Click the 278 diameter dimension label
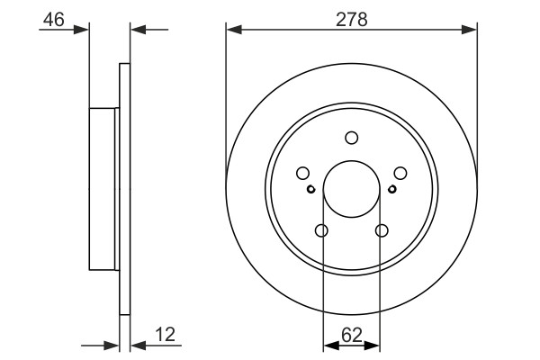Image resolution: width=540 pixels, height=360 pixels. tap(352, 18)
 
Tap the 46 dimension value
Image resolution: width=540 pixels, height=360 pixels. tap(53, 18)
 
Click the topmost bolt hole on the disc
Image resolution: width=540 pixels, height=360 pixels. tap(352, 138)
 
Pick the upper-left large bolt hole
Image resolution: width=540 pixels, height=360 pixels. tap(303, 174)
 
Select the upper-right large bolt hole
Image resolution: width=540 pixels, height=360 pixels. tap(400, 174)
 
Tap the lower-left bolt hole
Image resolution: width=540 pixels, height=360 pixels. tap(322, 231)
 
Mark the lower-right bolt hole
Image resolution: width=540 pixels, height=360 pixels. tap(382, 231)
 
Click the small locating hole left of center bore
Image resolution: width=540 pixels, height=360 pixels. tap(311, 189)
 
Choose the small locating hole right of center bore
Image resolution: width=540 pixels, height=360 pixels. tap(392, 189)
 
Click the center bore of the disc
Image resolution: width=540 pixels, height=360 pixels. tap(352, 189)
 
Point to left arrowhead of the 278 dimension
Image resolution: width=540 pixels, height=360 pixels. tap(232, 30)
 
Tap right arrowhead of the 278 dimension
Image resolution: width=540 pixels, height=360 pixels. tap(471, 30)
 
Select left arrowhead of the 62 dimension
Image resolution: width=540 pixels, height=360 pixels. tap(328, 344)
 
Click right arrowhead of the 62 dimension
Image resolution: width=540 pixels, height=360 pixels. tap(376, 344)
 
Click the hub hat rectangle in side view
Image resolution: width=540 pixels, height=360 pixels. tap(104, 189)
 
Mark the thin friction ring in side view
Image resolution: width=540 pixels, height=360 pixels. tap(125, 189)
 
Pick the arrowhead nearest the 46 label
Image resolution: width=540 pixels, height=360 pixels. tap(84, 30)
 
